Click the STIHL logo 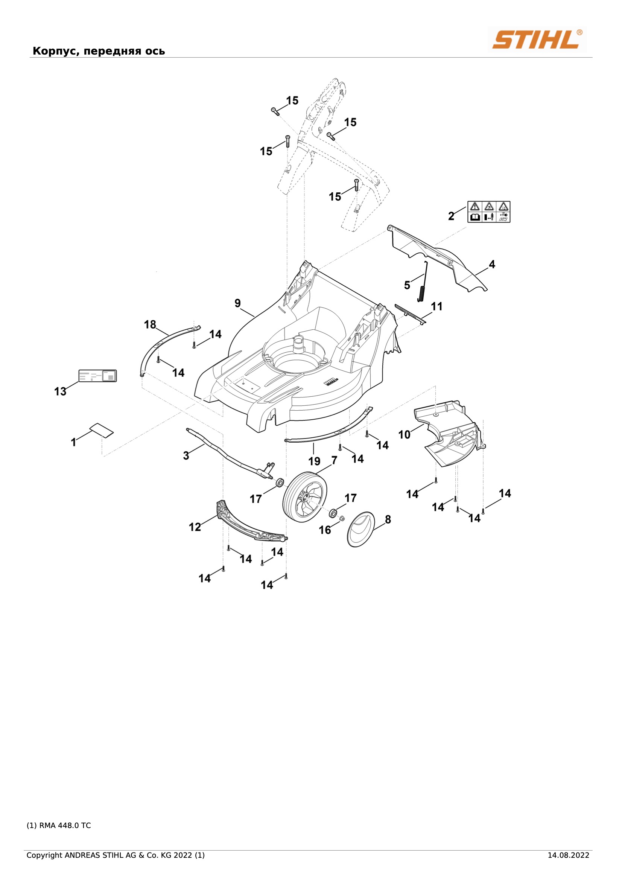537,39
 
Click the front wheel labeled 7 305,497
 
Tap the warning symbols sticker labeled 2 489,212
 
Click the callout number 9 237,303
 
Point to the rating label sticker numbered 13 97,376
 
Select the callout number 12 195,527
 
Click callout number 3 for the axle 186,456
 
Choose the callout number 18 150,324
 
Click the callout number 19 314,461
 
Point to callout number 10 405,435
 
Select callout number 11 436,306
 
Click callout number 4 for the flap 492,264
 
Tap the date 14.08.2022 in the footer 568,855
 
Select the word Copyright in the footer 44,856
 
